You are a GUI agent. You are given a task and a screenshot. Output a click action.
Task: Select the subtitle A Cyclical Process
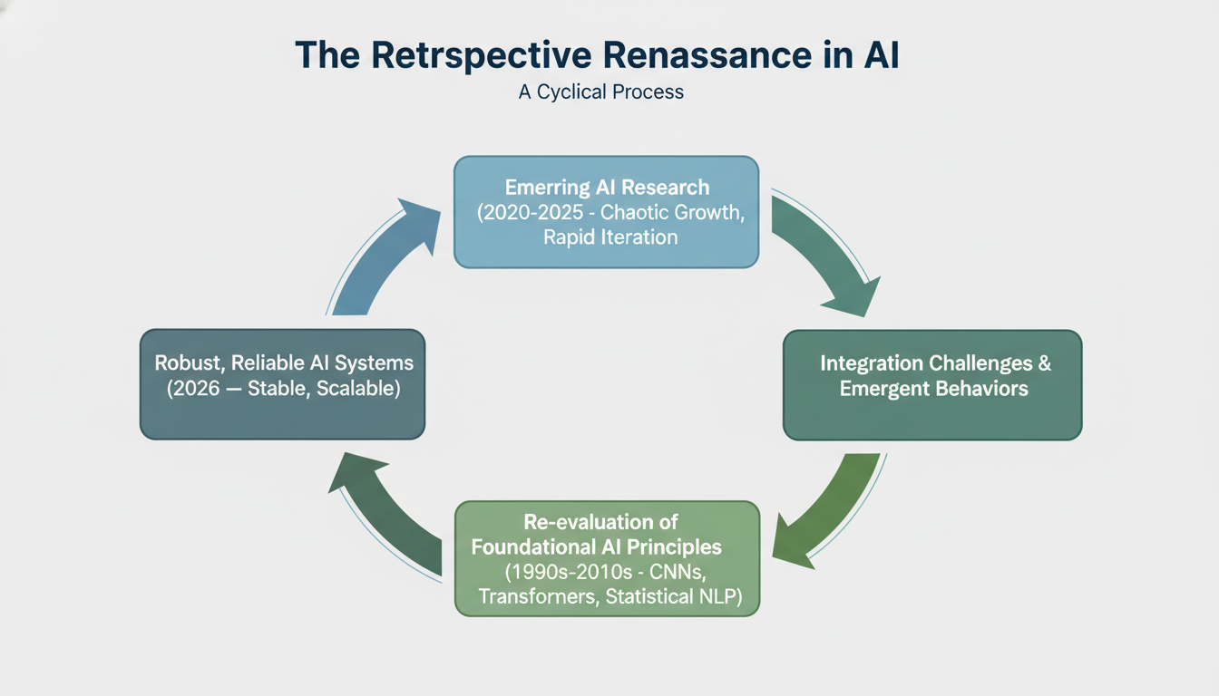[x=600, y=92]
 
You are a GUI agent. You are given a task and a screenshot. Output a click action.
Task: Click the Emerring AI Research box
[x=606, y=212]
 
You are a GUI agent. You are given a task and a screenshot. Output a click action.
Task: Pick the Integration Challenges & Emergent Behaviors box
[x=932, y=385]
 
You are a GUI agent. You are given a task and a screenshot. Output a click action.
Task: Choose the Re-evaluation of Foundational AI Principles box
[x=606, y=558]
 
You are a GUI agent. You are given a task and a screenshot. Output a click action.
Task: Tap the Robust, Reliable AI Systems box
[x=283, y=384]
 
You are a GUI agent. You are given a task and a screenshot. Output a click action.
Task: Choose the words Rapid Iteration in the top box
[x=610, y=237]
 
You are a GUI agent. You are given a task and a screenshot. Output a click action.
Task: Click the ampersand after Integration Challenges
[x=1044, y=363]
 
